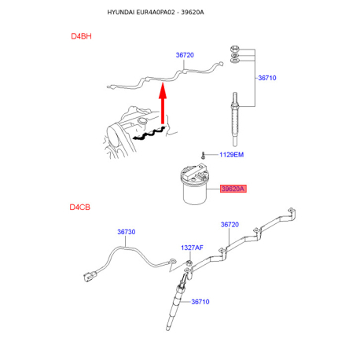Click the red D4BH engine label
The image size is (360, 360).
click(x=81, y=36)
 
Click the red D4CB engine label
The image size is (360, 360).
click(x=80, y=208)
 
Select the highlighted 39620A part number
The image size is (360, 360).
click(x=233, y=189)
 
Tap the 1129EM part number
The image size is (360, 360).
click(x=231, y=155)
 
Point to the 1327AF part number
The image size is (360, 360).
click(x=192, y=248)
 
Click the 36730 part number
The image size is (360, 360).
click(x=127, y=232)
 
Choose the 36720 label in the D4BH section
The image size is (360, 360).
click(x=185, y=55)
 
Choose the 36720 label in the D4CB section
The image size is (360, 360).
click(x=230, y=225)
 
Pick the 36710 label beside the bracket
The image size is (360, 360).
click(x=267, y=78)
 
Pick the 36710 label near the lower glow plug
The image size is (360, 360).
click(x=200, y=302)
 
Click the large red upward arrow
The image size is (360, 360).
click(x=163, y=103)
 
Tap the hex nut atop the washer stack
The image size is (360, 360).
click(x=234, y=49)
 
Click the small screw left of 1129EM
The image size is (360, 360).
click(x=203, y=155)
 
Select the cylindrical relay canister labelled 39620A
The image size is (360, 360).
click(x=195, y=184)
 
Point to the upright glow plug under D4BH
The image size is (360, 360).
click(x=235, y=119)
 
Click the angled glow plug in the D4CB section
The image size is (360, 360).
click(x=177, y=301)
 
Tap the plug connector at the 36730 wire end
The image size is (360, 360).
click(x=90, y=277)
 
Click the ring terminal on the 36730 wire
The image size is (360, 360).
click(x=172, y=261)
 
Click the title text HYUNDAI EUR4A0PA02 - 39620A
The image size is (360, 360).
click(x=156, y=13)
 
